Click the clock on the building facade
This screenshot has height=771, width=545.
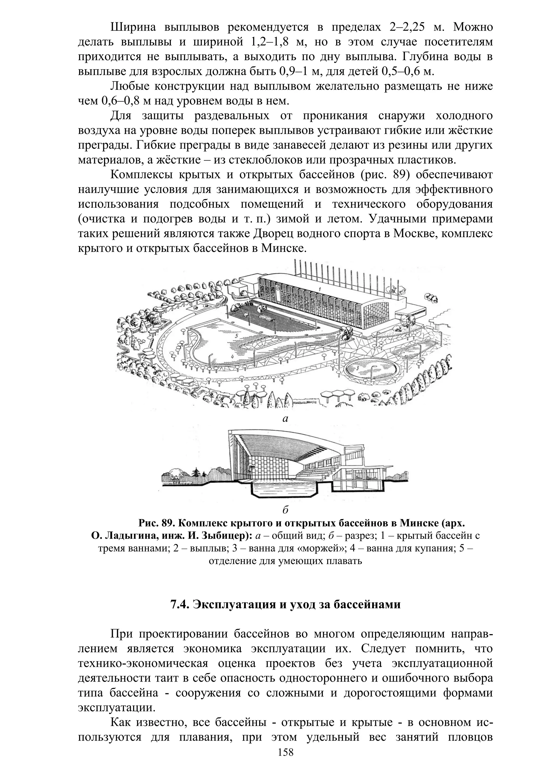tap(278, 288)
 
